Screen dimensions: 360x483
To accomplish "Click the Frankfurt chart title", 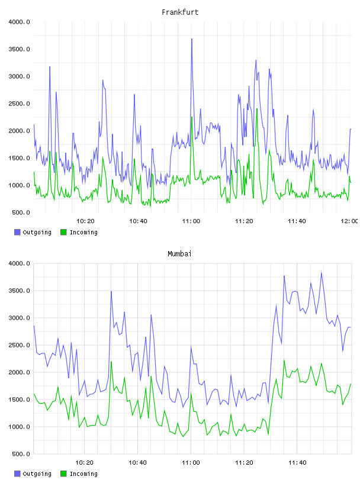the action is point(180,12).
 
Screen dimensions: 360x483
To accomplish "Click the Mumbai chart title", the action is point(179,254).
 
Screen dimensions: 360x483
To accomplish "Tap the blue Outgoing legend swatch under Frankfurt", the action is point(17,232).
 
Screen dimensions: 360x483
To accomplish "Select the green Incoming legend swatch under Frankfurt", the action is point(63,232).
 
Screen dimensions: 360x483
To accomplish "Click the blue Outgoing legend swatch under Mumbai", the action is point(17,474).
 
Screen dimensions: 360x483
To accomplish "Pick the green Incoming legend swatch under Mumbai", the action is point(63,474).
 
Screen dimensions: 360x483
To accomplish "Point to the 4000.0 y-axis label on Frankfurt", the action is point(19,22).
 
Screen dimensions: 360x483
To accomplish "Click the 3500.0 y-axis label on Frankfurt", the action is point(19,49).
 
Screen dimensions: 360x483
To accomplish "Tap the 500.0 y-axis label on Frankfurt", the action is point(21,212).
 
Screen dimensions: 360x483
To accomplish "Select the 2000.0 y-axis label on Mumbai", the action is point(19,372).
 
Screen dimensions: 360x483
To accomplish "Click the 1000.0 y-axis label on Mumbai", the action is point(19,427).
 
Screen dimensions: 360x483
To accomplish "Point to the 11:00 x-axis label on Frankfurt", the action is point(191,221).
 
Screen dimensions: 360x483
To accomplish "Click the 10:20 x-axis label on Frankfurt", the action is point(85,221).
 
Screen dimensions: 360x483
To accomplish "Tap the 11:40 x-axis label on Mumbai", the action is point(297,463).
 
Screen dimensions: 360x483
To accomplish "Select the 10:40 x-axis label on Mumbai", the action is point(137,463).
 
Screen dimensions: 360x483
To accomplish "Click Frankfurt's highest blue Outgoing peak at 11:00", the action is point(192,39).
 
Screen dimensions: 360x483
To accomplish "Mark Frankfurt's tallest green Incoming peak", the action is point(257,109).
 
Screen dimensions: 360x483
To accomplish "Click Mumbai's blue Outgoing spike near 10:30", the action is point(111,291).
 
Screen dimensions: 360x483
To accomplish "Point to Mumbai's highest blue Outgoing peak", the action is point(322,273).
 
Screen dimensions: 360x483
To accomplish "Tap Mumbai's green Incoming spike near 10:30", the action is point(111,362).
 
